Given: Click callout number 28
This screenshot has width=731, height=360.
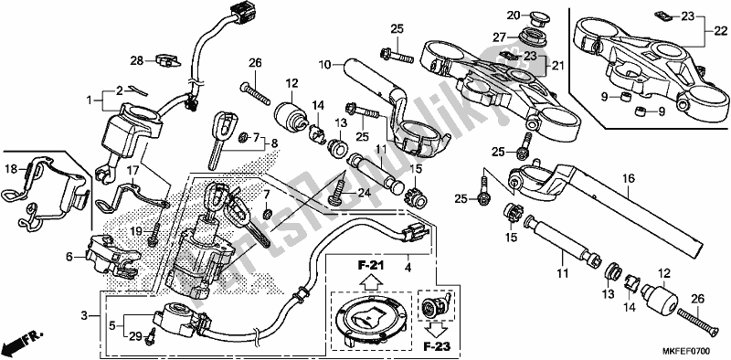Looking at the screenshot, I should pyautogui.click(x=135, y=60).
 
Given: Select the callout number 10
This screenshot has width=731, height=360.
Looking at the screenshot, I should pyautogui.click(x=324, y=66).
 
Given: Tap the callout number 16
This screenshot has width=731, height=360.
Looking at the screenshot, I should pyautogui.click(x=629, y=179).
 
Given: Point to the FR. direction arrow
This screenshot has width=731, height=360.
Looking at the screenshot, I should pyautogui.click(x=23, y=345).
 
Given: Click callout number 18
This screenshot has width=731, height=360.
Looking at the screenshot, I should pyautogui.click(x=12, y=169).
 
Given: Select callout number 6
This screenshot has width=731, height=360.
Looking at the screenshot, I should pyautogui.click(x=69, y=258).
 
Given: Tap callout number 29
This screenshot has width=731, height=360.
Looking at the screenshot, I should pyautogui.click(x=135, y=338).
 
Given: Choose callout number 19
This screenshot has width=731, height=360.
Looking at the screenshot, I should pyautogui.click(x=135, y=232).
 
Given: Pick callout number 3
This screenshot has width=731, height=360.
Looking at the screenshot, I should pyautogui.click(x=85, y=315).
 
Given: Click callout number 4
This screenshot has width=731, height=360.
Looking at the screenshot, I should pyautogui.click(x=408, y=268).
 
